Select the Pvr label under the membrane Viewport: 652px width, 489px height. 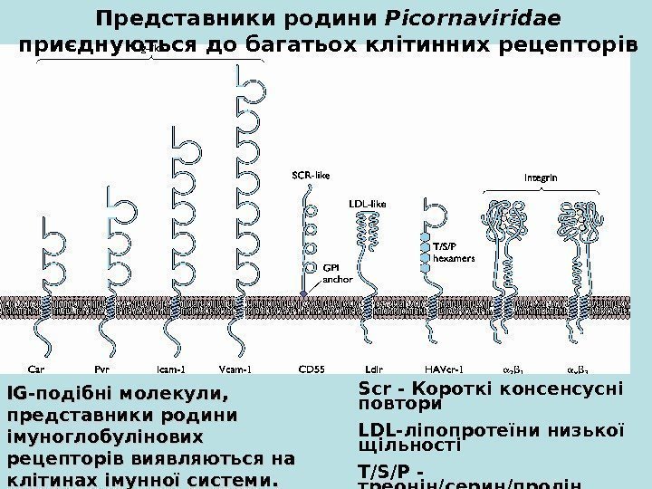[103, 369]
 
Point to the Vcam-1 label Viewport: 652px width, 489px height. [236, 369]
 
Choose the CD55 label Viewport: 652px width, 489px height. [313, 369]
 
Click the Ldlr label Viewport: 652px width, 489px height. [373, 369]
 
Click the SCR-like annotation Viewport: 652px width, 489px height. [311, 174]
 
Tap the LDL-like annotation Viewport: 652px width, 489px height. [367, 205]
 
